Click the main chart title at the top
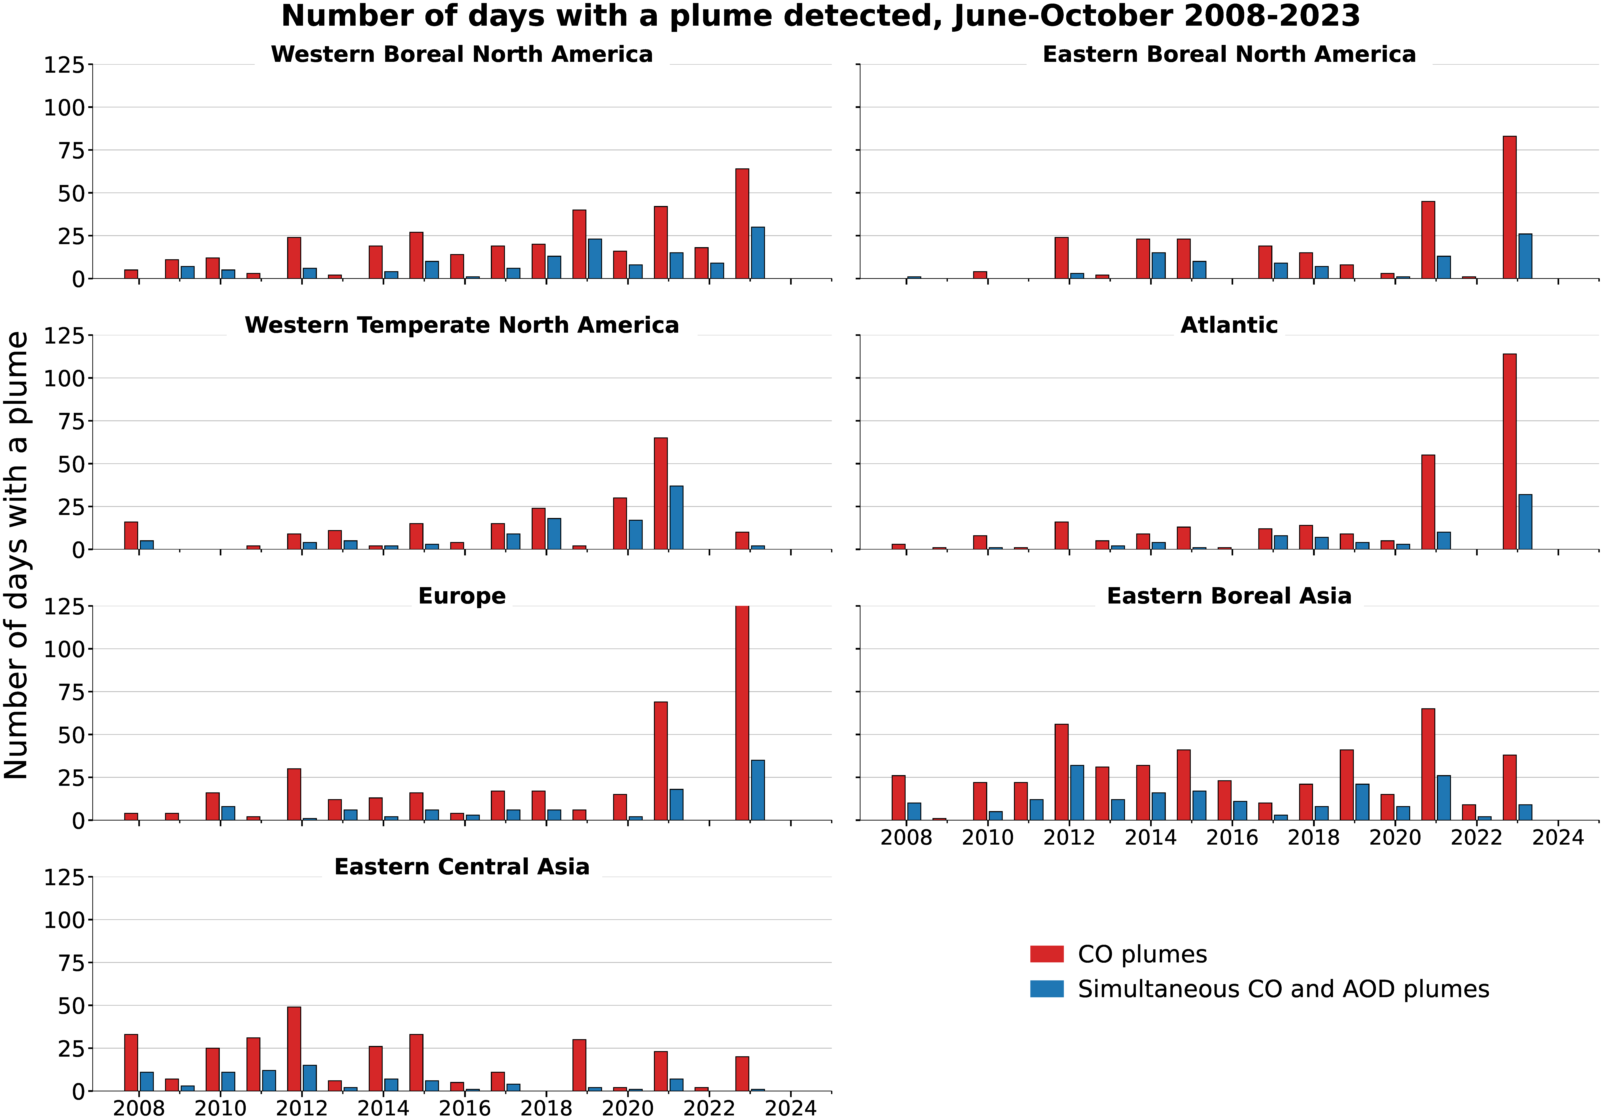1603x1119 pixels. click(x=820, y=16)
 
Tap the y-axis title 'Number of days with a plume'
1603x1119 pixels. click(x=17, y=555)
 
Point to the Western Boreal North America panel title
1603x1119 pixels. click(x=461, y=55)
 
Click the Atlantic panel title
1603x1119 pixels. click(x=1229, y=325)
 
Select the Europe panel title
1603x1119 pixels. click(x=461, y=596)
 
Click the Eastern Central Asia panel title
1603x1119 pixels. click(x=461, y=867)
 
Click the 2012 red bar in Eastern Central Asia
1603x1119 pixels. click(x=294, y=1048)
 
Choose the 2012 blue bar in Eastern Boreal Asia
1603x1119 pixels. click(x=1077, y=792)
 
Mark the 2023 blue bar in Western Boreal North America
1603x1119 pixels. click(x=757, y=253)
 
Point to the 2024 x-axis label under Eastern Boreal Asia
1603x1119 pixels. click(x=1558, y=837)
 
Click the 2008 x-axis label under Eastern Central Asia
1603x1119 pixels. click(x=138, y=1108)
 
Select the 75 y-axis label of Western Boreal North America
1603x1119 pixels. click(x=64, y=150)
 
